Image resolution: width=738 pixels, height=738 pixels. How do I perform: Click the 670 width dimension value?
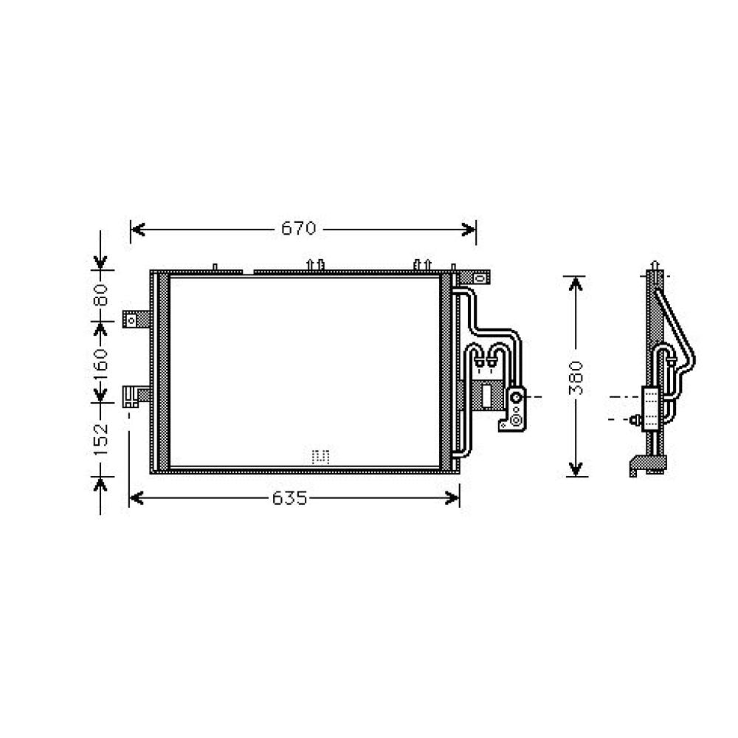pos(298,229)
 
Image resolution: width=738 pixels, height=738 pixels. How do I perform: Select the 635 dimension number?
pos(289,499)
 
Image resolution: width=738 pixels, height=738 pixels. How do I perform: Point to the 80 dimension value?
pos(101,295)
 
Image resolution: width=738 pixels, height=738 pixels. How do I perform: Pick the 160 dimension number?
pos(101,362)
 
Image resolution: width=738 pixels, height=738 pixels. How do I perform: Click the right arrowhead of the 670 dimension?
pos(469,230)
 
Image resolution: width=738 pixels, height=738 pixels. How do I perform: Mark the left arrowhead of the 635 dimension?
pos(137,500)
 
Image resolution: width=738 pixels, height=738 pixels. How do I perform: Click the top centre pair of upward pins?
pos(315,264)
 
